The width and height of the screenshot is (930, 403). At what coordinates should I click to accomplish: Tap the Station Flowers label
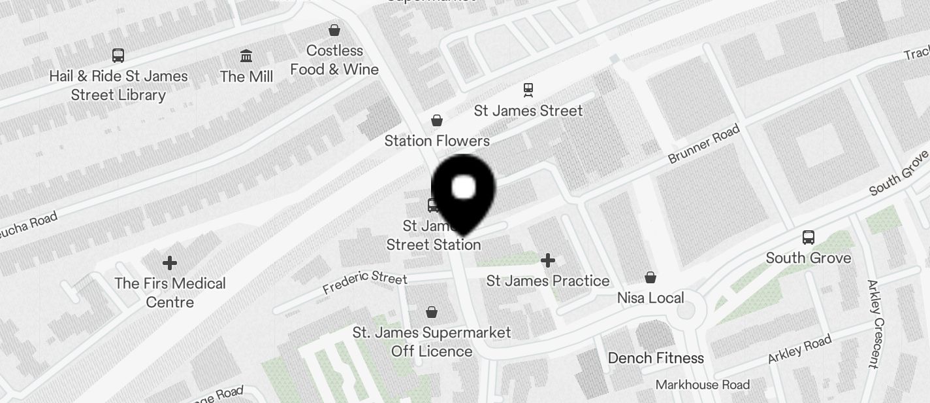[x=437, y=141]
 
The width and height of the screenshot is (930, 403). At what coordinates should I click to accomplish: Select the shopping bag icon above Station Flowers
[x=437, y=120]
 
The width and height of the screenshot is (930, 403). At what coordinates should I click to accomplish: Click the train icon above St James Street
[x=528, y=90]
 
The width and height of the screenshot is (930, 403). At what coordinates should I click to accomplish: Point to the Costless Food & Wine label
[x=334, y=60]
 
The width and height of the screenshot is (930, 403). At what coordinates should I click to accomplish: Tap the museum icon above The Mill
[x=246, y=56]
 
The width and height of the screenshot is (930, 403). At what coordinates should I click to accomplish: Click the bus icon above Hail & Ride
[x=118, y=56]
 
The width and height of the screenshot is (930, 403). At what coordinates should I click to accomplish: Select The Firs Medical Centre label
[x=170, y=292]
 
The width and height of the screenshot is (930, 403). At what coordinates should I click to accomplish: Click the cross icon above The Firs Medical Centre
[x=170, y=263]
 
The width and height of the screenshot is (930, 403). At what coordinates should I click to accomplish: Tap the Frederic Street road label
[x=365, y=282]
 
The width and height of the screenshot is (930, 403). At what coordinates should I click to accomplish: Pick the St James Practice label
[x=548, y=281]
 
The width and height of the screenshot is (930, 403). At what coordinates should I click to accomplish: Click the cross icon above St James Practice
[x=548, y=261]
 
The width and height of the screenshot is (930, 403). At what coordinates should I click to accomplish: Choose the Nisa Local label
[x=650, y=298]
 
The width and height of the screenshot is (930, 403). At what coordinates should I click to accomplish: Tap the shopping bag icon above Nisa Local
[x=650, y=277]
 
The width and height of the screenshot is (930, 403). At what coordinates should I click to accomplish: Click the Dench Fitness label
[x=656, y=358]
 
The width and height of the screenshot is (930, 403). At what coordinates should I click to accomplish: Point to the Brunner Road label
[x=704, y=144]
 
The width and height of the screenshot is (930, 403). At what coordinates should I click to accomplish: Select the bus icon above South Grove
[x=809, y=237]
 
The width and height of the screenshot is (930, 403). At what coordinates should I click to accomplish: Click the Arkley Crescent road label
[x=875, y=323]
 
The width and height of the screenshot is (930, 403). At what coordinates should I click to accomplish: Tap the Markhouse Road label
[x=703, y=384]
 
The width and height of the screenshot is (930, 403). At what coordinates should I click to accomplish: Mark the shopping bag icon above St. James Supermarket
[x=432, y=312]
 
